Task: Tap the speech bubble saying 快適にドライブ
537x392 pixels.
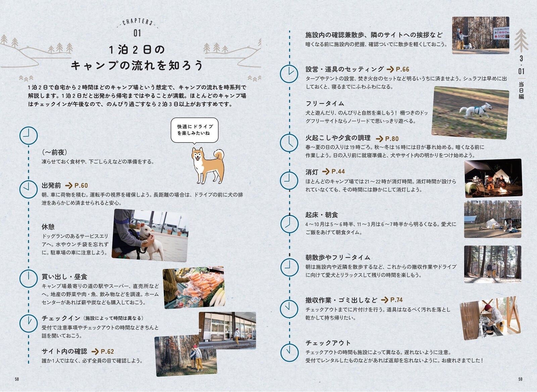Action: coord(195,131)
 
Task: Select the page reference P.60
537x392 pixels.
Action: coord(81,186)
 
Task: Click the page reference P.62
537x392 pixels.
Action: coord(107,352)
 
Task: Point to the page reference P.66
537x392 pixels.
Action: coord(402,69)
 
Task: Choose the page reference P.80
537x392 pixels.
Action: coord(392,139)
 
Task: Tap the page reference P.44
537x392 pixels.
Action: coord(338,171)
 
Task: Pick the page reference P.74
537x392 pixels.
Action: coord(396,300)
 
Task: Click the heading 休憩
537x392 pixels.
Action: coord(48,227)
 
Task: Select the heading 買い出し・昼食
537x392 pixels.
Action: coord(64,277)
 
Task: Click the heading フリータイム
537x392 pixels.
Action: coord(325,104)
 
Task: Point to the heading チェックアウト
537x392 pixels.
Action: coord(328,343)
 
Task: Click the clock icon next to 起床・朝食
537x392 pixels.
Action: coord(289,224)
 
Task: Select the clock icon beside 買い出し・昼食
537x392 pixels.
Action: coord(29,279)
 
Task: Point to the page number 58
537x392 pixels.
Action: coord(17,379)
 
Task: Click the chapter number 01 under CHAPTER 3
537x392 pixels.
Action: coord(137,33)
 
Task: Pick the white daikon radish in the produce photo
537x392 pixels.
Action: coord(217,298)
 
